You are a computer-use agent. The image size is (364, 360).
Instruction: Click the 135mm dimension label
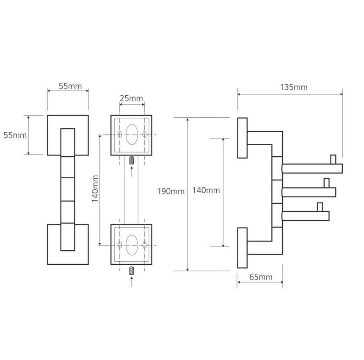[x=294, y=87]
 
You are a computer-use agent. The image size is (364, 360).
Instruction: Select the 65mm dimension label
[x=261, y=277]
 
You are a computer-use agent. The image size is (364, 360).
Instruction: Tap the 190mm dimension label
[x=171, y=191]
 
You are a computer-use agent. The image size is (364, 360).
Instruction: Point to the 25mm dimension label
[x=131, y=99]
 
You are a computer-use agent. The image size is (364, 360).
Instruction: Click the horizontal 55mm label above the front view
[x=70, y=86]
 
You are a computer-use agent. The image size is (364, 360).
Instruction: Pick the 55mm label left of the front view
[x=15, y=135]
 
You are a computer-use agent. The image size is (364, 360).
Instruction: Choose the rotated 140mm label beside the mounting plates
[x=95, y=188]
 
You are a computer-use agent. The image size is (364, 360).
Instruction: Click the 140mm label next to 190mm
[x=206, y=191]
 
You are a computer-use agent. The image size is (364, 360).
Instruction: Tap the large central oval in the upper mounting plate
[x=132, y=135]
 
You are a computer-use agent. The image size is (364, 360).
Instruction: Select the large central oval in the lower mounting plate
[x=132, y=245]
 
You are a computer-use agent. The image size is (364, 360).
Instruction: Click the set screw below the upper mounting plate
[x=132, y=161]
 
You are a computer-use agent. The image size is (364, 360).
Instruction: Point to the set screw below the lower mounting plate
[x=132, y=271]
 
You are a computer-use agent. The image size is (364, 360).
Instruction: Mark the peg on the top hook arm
[x=333, y=160]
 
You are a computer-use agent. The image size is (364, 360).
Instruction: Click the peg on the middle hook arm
[x=326, y=183]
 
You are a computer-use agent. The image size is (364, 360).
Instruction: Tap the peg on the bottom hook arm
[x=320, y=207]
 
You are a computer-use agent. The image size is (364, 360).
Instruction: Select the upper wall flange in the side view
[x=243, y=138]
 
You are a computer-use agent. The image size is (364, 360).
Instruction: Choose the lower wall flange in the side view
[x=243, y=248]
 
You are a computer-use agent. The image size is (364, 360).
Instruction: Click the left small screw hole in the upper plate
[x=120, y=134]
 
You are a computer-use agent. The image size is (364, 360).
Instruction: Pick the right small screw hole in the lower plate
[x=144, y=245]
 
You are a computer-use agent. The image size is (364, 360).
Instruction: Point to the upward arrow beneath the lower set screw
[x=132, y=282]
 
